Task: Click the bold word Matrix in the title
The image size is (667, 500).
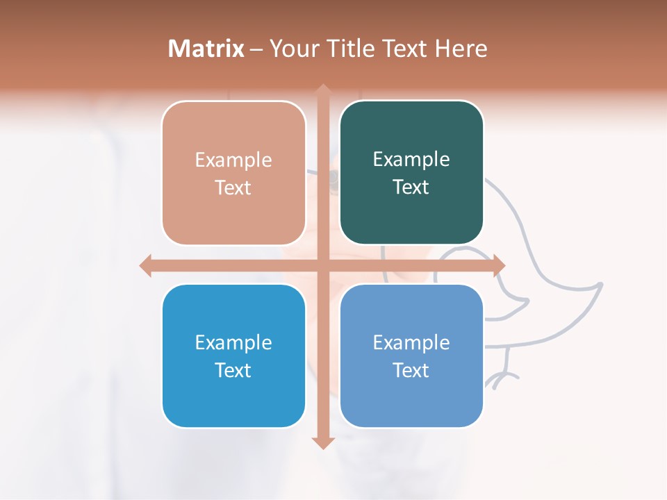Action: pyautogui.click(x=206, y=49)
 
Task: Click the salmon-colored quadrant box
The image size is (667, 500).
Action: pyautogui.click(x=233, y=173)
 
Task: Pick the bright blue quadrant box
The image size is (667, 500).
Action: pyautogui.click(x=233, y=356)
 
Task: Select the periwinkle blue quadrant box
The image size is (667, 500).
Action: pyautogui.click(x=411, y=356)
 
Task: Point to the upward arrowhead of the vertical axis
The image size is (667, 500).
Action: pyautogui.click(x=322, y=91)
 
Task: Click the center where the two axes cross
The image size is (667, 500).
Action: pyautogui.click(x=322, y=265)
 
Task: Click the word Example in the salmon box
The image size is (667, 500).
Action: pyautogui.click(x=233, y=160)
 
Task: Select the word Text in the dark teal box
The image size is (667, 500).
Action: pyautogui.click(x=411, y=187)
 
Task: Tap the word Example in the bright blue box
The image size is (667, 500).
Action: pyautogui.click(x=233, y=342)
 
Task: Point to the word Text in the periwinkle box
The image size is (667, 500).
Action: pyautogui.click(x=411, y=370)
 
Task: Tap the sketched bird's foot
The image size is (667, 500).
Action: pyautogui.click(x=502, y=378)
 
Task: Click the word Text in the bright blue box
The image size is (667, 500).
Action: pyautogui.click(x=233, y=370)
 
